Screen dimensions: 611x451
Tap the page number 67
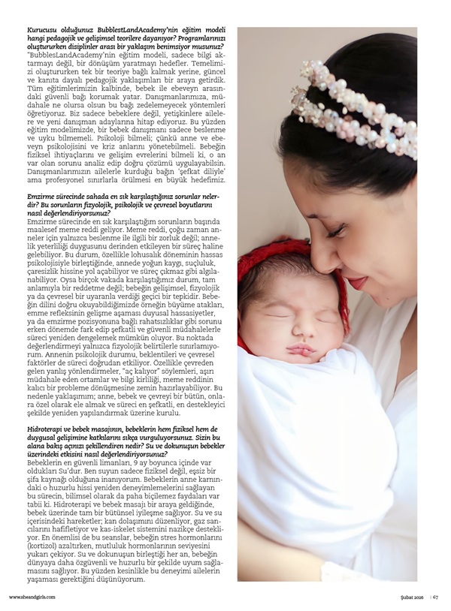point(435,597)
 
